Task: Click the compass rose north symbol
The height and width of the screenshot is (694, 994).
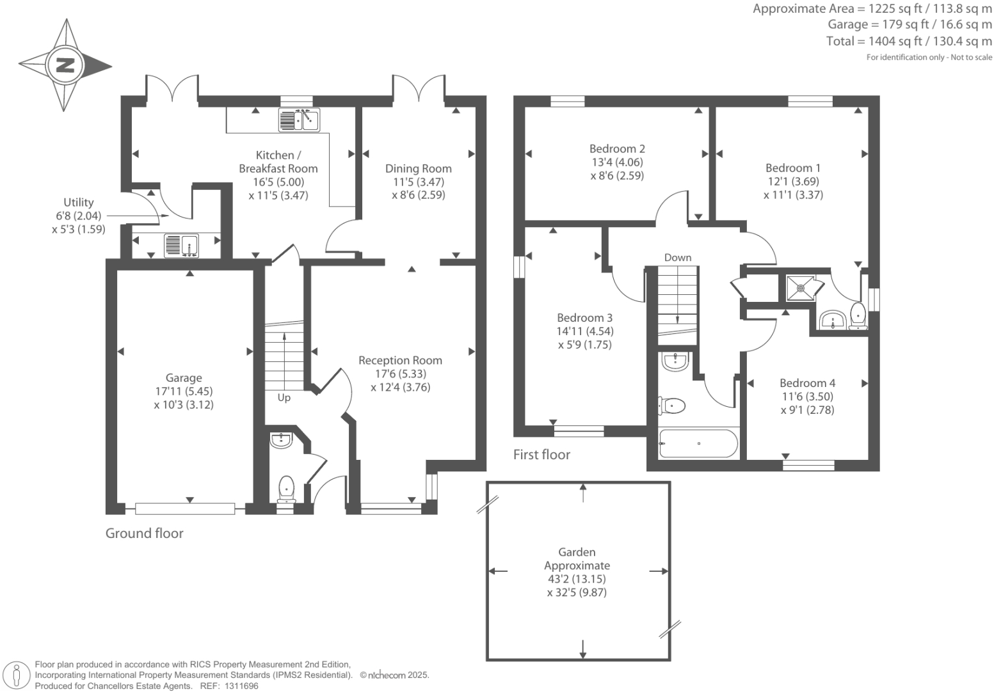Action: [x=65, y=65]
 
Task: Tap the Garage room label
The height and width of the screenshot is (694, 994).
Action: [x=184, y=378]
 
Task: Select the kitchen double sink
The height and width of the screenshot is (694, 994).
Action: [x=299, y=120]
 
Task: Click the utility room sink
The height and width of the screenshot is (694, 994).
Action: [x=182, y=246]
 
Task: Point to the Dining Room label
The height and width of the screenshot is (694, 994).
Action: [x=418, y=169]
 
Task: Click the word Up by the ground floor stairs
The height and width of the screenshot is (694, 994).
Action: [x=284, y=398]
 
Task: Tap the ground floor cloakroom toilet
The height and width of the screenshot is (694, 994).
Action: [x=286, y=489]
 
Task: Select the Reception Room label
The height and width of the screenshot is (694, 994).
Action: [x=400, y=361]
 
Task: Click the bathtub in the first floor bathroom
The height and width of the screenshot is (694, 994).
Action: [x=698, y=443]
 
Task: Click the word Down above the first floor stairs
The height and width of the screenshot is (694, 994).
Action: [x=677, y=258]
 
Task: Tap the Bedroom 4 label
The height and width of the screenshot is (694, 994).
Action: [x=807, y=383]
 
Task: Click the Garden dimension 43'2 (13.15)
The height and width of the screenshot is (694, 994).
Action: [x=577, y=579]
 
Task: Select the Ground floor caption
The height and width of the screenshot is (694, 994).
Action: [x=144, y=533]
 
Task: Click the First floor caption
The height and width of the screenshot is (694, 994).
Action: [x=541, y=455]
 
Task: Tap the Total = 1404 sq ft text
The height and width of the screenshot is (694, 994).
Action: [x=909, y=42]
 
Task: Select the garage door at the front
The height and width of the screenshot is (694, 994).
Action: [x=185, y=509]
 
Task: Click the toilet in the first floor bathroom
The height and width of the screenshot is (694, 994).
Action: [x=672, y=405]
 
